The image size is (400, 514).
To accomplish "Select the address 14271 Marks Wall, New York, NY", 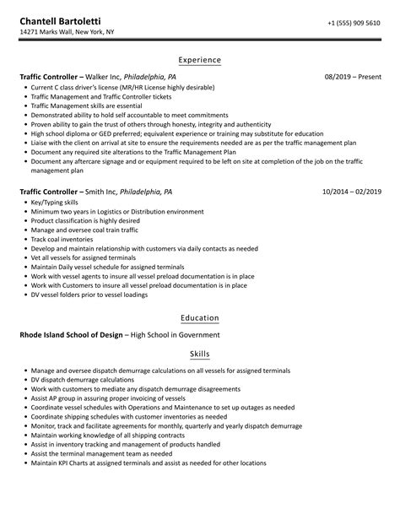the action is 68,34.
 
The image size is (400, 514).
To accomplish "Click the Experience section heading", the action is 200,60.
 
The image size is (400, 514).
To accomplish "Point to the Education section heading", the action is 200,318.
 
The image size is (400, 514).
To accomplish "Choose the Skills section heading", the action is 200,354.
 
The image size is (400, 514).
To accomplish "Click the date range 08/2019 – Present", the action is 353,77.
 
